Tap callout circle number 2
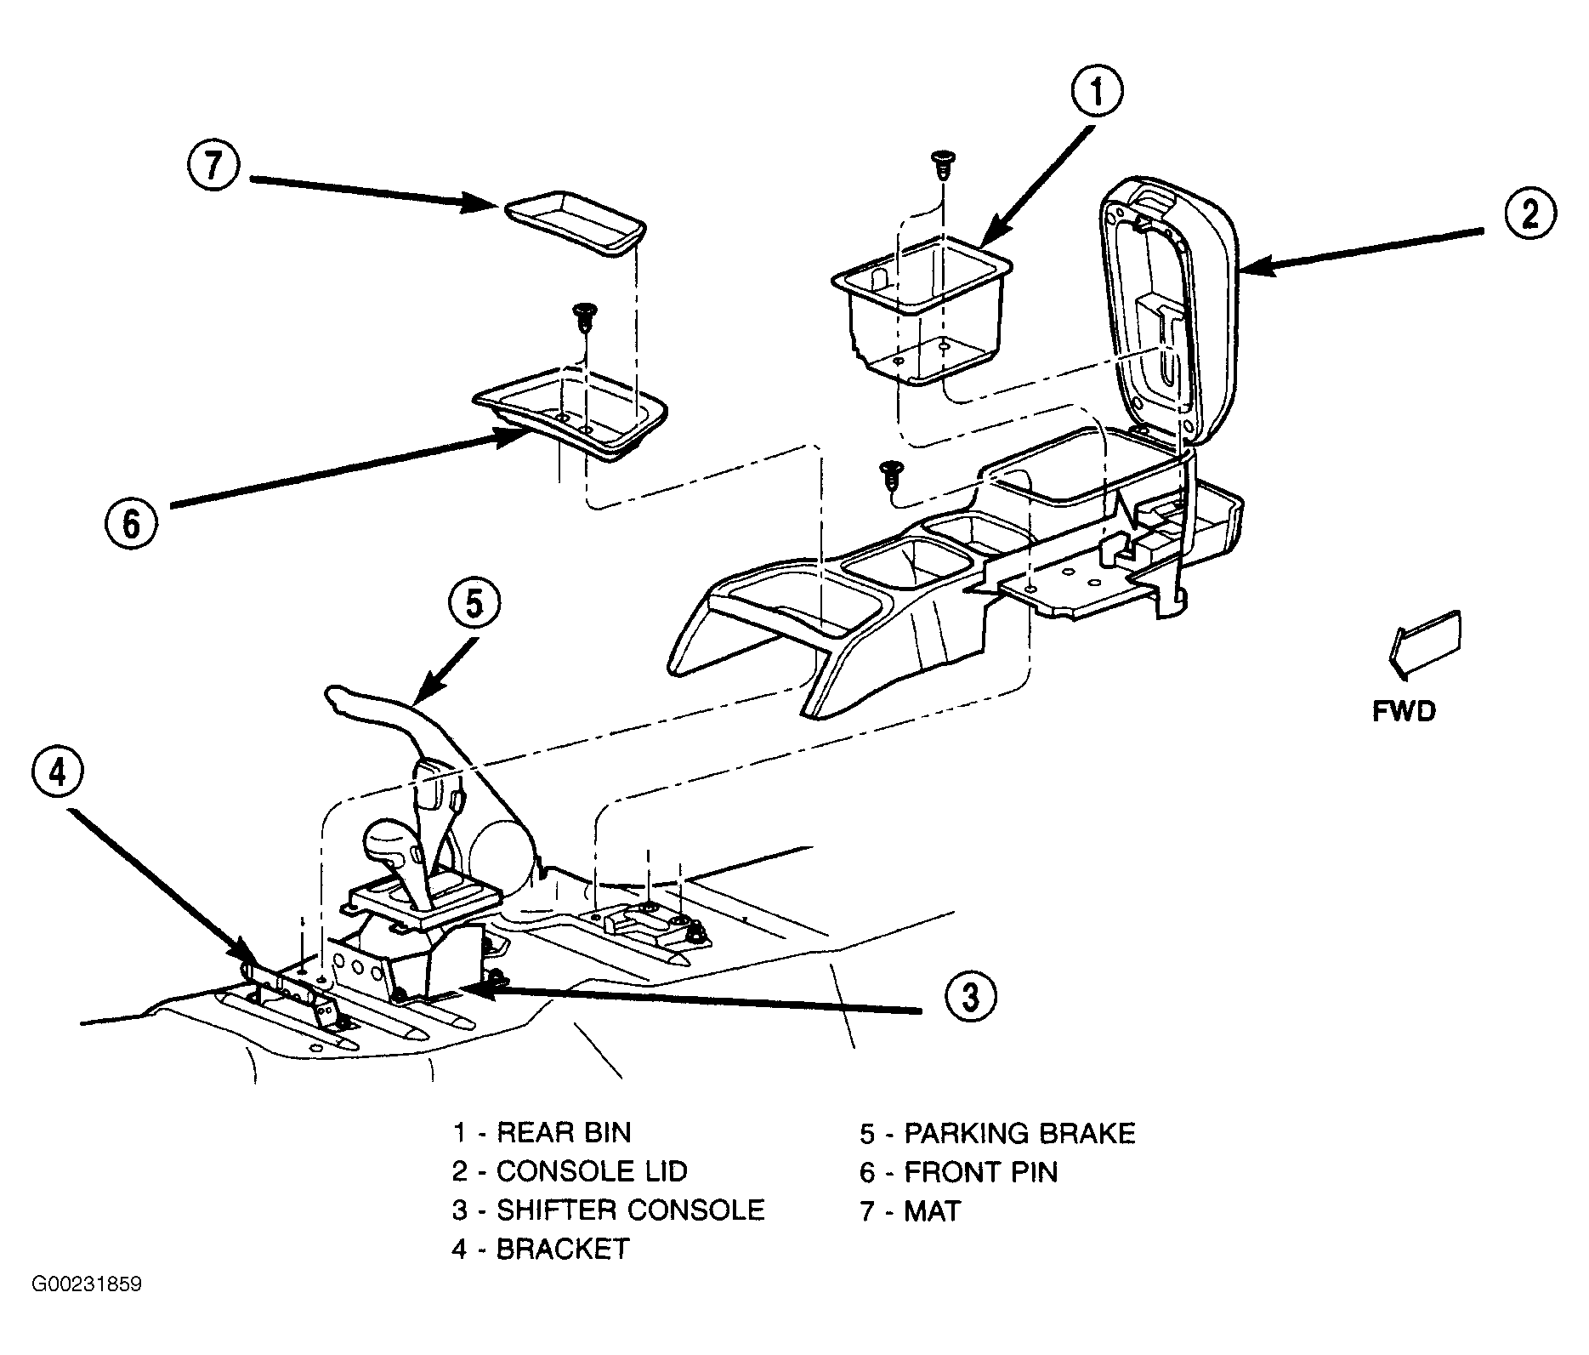(x=1529, y=213)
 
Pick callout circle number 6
(x=132, y=523)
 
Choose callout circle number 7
(x=213, y=166)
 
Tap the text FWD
(x=1405, y=710)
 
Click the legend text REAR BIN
(x=564, y=1132)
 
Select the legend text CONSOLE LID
(x=592, y=1171)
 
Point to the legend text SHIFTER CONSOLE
(x=631, y=1210)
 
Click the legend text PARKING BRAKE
(x=1019, y=1133)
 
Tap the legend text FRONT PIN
(x=980, y=1171)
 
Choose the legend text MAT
(x=932, y=1210)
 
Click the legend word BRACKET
(x=563, y=1249)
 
